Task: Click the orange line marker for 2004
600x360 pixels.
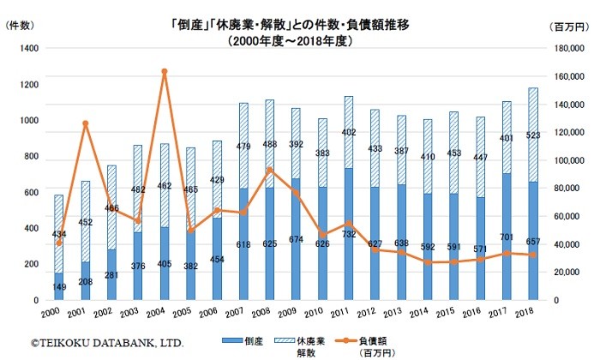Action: pos(164,71)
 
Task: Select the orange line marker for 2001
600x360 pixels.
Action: pos(85,123)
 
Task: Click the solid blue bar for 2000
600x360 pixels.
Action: pos(58,286)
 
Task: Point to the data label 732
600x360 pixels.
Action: pos(348,233)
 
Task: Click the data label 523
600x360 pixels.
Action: pos(534,135)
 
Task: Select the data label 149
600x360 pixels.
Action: pos(59,286)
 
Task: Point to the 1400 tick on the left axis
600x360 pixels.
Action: pos(29,49)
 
